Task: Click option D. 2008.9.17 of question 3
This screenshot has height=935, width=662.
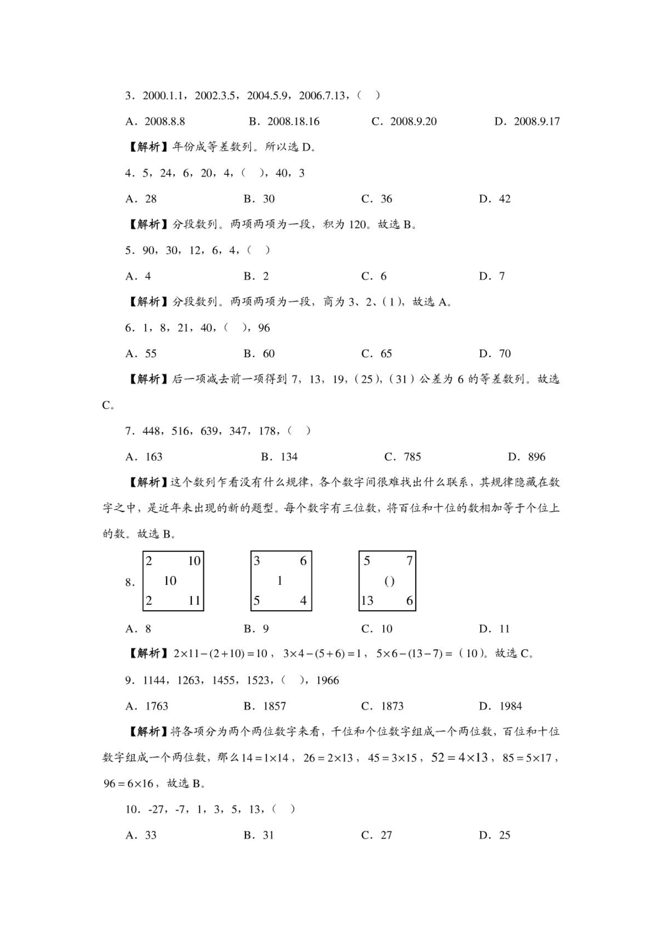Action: point(527,121)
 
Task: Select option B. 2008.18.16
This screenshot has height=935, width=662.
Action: point(284,121)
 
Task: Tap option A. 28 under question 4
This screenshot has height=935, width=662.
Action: point(141,199)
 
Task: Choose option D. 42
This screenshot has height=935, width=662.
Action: point(494,199)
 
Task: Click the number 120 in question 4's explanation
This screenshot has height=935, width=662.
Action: point(358,225)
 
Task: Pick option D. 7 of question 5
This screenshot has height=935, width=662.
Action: point(492,276)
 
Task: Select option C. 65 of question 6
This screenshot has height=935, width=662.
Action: point(377,354)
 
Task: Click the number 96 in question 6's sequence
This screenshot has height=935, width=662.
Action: point(264,328)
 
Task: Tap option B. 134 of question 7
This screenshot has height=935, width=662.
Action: point(279,457)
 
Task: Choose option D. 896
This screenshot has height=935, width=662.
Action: point(527,457)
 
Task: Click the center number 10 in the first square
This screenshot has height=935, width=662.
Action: point(170,581)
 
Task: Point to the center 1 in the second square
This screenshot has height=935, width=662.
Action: point(280,581)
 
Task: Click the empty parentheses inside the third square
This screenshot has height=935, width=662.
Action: point(389,582)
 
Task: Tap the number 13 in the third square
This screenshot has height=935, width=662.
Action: point(367,601)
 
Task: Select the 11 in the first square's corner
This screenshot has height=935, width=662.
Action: point(194,601)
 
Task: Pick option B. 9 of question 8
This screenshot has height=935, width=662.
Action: point(256,629)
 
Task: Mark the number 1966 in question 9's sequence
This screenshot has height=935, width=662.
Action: point(328,680)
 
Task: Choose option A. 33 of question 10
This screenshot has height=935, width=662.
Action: point(141,835)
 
